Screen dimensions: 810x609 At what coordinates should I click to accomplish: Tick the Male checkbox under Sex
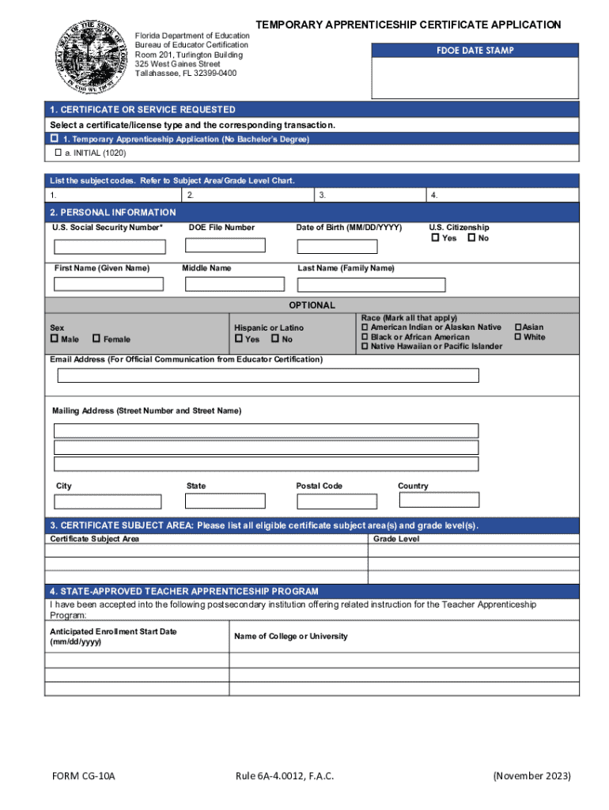[x=55, y=339]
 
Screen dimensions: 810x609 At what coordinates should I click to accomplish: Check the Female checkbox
[x=96, y=339]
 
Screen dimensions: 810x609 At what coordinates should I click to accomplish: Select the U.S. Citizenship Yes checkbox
[x=435, y=237]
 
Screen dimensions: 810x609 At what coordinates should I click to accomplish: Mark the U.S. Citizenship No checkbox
[x=471, y=237]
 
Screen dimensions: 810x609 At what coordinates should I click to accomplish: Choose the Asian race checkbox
[x=519, y=327]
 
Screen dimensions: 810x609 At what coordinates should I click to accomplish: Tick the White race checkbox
[x=519, y=337]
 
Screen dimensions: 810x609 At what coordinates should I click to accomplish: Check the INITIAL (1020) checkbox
[x=58, y=152]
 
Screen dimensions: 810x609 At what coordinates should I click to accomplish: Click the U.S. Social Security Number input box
[x=110, y=248]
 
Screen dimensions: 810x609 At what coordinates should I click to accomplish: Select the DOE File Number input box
[x=225, y=245]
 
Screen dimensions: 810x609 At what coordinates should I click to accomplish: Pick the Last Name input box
[x=371, y=285]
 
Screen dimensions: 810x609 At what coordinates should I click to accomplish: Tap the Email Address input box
[x=268, y=375]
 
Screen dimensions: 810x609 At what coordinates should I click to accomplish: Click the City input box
[x=108, y=502]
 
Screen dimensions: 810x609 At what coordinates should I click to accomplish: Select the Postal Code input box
[x=337, y=502]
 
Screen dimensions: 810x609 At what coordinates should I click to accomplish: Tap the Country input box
[x=439, y=500]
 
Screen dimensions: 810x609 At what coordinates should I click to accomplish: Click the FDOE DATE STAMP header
[x=475, y=51]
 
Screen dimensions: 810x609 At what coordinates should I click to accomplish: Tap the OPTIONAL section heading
[x=312, y=305]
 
